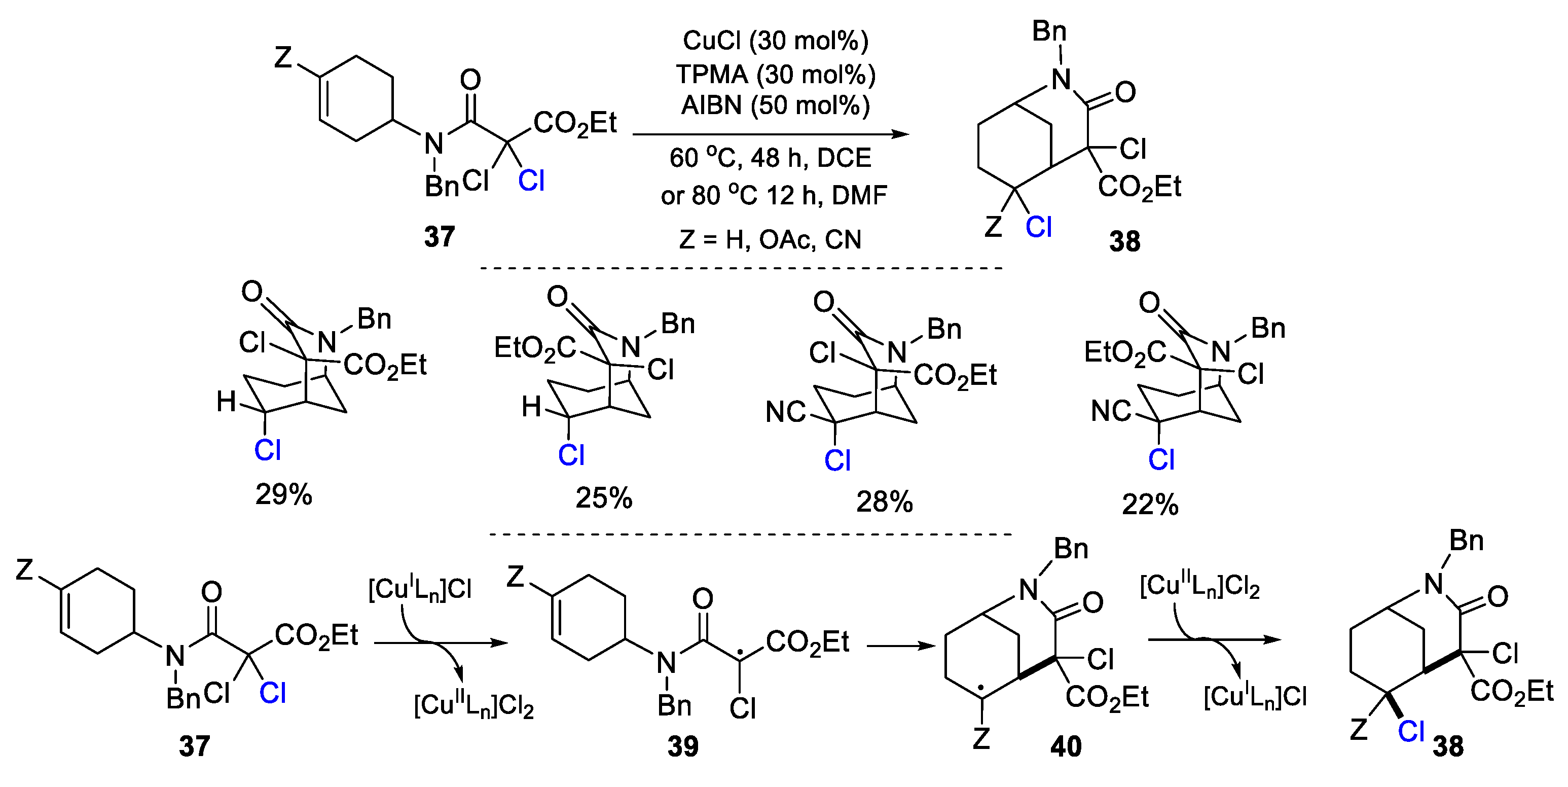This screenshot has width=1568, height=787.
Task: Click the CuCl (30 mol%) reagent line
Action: [x=775, y=41]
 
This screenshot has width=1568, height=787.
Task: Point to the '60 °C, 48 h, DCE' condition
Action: [x=770, y=158]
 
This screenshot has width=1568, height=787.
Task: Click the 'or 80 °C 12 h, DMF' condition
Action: [x=774, y=195]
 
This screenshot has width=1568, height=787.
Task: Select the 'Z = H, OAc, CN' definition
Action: [x=770, y=240]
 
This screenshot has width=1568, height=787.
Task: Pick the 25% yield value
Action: [x=604, y=498]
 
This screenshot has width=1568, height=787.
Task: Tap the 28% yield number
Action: [x=885, y=502]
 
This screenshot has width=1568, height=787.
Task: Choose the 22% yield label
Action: [x=1150, y=505]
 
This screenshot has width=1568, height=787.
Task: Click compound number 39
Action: [x=683, y=746]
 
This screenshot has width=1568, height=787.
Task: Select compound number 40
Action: [x=1066, y=746]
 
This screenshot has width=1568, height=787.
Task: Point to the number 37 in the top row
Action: [x=440, y=236]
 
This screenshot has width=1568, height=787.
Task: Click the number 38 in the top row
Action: [x=1124, y=241]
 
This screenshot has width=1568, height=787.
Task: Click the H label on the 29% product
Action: [x=227, y=402]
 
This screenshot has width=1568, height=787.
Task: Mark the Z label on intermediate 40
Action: [x=980, y=738]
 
